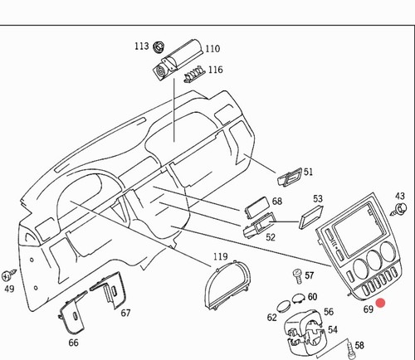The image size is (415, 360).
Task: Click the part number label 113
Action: (142, 46)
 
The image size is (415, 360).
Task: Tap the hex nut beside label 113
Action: (159, 46)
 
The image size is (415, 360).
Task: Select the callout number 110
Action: (212, 49)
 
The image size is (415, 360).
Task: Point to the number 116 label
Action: (216, 70)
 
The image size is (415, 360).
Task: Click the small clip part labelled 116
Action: (194, 74)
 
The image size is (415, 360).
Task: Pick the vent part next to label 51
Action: (289, 177)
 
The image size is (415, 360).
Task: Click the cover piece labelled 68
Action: (256, 207)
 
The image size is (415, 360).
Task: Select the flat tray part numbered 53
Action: (310, 216)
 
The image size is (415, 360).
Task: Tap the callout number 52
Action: (271, 237)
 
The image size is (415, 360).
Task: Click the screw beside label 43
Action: (399, 209)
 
